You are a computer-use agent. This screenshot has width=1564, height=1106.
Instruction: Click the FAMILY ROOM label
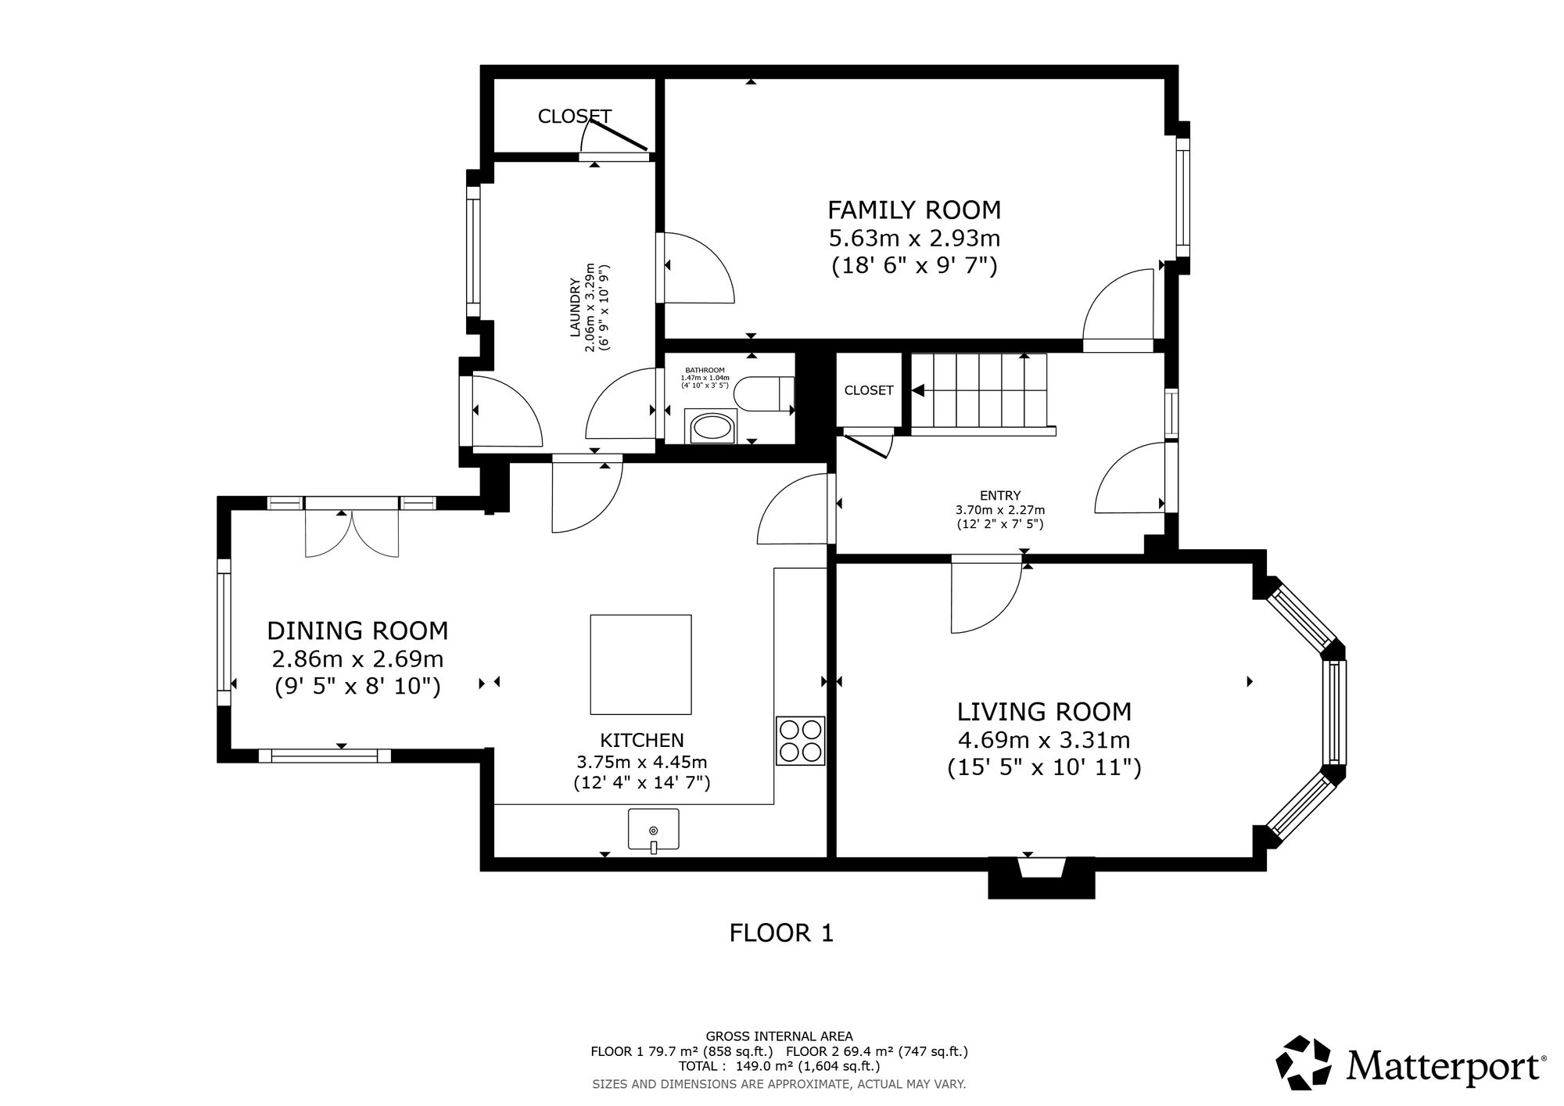click(914, 210)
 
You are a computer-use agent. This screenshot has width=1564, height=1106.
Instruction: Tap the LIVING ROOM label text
click(1044, 712)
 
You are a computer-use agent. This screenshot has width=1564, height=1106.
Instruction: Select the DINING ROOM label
click(357, 630)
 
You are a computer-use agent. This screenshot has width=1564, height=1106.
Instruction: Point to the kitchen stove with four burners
click(800, 740)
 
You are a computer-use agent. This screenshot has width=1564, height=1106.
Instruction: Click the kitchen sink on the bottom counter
click(654, 830)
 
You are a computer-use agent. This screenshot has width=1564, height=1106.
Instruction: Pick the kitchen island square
click(640, 664)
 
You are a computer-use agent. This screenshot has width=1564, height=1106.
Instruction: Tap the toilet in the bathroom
click(766, 393)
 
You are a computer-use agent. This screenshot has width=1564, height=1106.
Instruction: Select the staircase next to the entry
click(983, 393)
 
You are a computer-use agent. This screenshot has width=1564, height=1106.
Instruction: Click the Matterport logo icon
click(1303, 1062)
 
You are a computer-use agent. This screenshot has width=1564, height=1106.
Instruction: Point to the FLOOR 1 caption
click(781, 932)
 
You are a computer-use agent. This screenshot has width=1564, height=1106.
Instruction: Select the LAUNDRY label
click(574, 307)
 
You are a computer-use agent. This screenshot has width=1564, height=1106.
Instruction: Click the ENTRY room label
click(1000, 495)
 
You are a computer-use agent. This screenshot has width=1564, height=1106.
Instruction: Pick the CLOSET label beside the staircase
click(869, 390)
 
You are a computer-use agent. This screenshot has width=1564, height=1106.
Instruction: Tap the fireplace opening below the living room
click(1042, 868)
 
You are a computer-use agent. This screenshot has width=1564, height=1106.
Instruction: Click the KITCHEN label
click(642, 740)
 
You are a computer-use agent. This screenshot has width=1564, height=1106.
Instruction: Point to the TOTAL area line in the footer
click(780, 1066)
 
